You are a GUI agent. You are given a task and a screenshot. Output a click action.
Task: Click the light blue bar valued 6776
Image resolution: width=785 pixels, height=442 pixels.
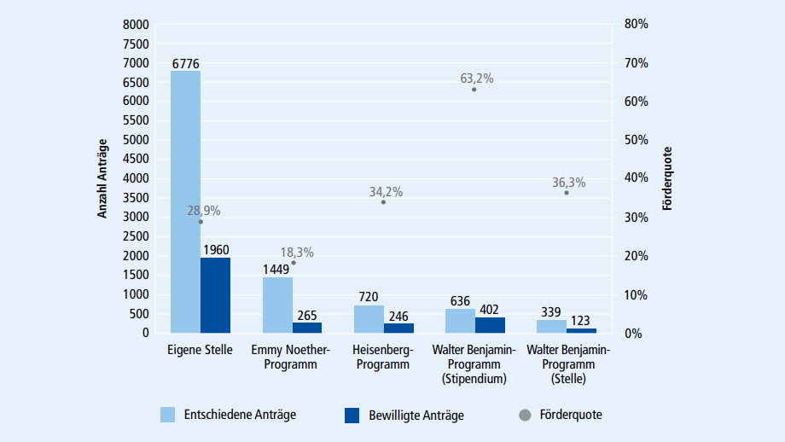[185, 201]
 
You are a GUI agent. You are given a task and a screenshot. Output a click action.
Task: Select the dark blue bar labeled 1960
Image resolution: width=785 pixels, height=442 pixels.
[215, 294]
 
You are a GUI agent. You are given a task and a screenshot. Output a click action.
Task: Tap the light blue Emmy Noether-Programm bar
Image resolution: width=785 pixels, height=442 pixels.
[277, 305]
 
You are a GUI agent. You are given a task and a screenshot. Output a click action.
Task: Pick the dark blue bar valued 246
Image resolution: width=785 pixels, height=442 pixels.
[398, 328]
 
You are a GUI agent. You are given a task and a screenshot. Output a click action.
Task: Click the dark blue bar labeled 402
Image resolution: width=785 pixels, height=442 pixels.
[490, 324]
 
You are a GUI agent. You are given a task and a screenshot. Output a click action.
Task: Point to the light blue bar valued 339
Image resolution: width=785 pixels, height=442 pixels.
[551, 326]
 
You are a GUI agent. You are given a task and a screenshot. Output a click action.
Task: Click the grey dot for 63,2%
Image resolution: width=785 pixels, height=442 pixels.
[474, 90]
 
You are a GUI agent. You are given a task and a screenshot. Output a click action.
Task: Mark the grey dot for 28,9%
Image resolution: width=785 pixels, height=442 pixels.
[201, 222]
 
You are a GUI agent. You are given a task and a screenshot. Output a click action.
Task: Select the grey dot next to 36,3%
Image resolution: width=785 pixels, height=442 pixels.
[566, 193]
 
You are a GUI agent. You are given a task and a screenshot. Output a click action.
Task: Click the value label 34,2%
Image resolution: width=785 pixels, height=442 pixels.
[386, 192]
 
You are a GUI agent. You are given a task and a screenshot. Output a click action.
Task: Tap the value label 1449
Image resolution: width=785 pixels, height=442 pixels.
[277, 269]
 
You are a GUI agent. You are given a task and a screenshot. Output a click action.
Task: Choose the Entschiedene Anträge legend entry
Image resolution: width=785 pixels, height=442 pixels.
[228, 415]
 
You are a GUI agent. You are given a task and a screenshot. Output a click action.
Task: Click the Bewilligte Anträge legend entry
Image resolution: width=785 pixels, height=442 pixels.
[404, 415]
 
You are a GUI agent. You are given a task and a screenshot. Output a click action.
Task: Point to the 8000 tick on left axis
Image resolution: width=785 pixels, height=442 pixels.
[137, 24]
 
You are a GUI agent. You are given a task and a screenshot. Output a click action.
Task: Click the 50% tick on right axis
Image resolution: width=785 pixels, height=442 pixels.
[636, 140]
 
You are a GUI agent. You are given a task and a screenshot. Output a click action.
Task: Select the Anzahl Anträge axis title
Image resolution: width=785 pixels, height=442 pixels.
[102, 178]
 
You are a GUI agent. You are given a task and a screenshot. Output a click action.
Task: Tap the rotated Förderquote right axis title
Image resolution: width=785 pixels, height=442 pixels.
[667, 178]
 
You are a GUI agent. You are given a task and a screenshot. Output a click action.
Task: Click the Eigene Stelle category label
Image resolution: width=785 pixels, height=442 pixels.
[200, 350]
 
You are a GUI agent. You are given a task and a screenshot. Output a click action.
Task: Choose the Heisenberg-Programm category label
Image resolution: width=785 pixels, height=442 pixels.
[383, 357]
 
